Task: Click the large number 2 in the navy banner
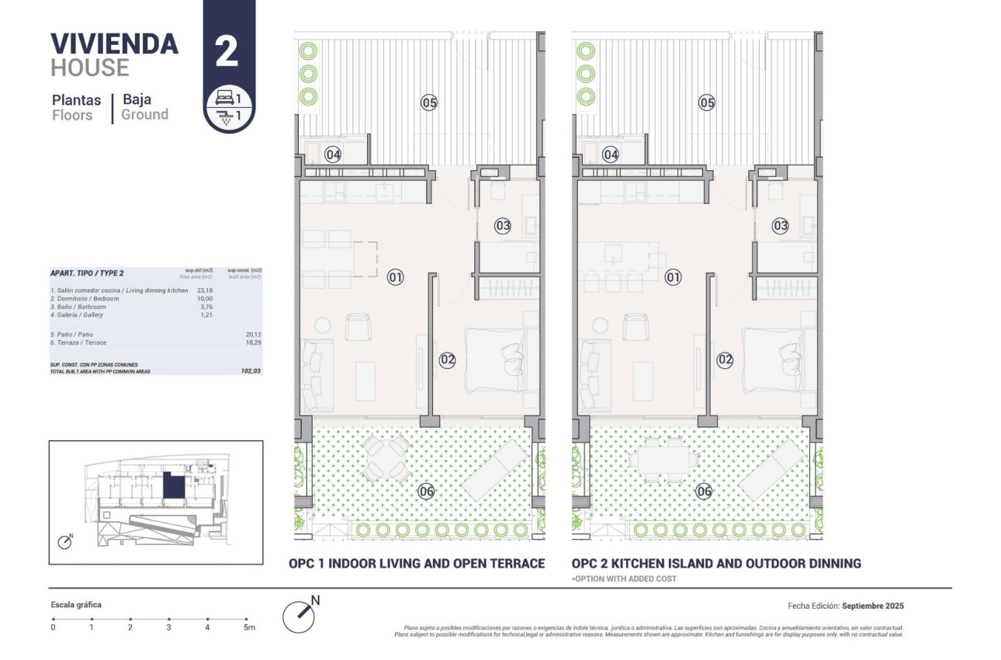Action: click(227, 51)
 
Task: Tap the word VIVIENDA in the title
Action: click(114, 43)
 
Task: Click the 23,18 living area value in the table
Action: click(205, 290)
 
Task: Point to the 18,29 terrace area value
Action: click(252, 342)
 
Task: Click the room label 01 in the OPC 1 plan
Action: click(395, 276)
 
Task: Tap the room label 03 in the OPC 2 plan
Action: click(780, 226)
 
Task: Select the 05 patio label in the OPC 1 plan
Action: click(429, 102)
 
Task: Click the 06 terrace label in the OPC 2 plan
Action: click(704, 491)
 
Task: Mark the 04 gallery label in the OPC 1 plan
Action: click(333, 155)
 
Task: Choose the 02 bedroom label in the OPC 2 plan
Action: click(725, 360)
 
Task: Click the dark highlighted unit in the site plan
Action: click(174, 488)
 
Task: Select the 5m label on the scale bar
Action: click(248, 627)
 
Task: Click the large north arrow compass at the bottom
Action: click(299, 616)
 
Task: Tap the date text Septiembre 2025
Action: click(873, 606)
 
